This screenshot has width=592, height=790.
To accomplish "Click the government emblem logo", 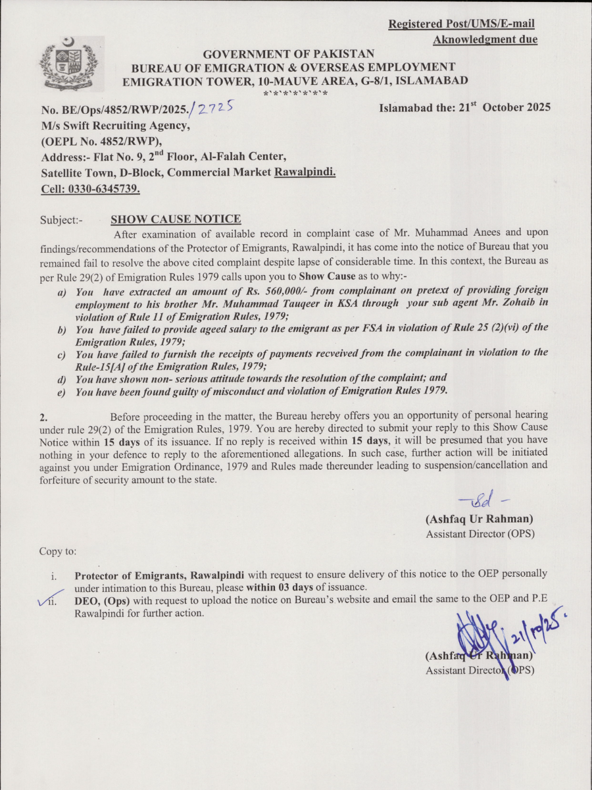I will tap(68, 64).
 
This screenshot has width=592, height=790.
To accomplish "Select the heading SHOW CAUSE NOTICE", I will tap(176, 219).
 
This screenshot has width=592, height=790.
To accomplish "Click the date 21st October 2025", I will tap(464, 108).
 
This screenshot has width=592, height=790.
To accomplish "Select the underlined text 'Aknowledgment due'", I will tap(485, 40).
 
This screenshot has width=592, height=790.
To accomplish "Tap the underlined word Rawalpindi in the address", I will tap(305, 172).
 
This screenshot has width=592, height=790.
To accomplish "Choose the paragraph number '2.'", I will tap(43, 417).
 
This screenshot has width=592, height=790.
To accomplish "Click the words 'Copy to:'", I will tap(58, 550).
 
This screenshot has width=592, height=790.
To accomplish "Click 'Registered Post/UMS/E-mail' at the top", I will tap(461, 24).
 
